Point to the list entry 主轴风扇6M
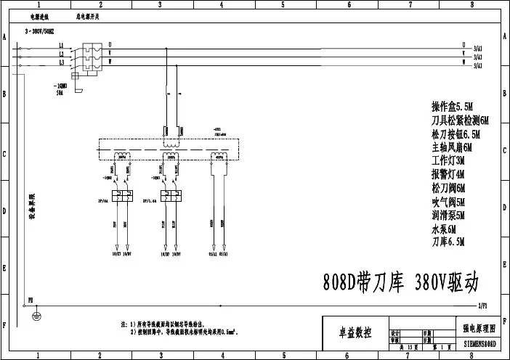click(452, 147)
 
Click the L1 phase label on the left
click(62, 46)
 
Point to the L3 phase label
click(62, 62)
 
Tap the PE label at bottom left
click(30, 298)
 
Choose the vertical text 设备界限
click(33, 208)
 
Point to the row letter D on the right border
click(504, 211)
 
